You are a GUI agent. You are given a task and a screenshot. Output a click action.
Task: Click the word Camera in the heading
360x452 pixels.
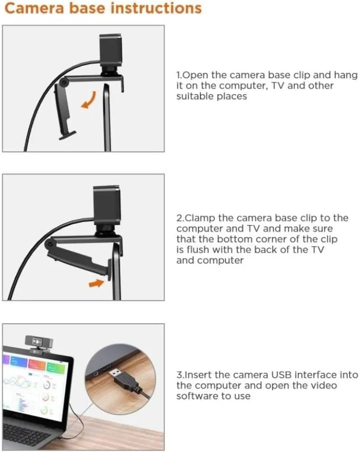(x=34, y=8)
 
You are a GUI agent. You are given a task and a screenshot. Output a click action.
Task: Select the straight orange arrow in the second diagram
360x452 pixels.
(x=96, y=283)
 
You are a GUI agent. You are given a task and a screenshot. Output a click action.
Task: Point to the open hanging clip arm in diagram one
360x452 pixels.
(x=65, y=111)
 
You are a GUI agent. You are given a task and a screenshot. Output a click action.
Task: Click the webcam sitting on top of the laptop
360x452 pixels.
(x=38, y=344)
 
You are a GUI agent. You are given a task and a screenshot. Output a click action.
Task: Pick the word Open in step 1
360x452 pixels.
(x=195, y=75)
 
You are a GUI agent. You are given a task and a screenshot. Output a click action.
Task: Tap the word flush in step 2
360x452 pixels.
(x=197, y=250)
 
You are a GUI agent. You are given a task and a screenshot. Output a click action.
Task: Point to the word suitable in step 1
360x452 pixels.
(x=194, y=96)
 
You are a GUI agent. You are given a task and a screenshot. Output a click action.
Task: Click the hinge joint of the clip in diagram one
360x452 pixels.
(x=64, y=83)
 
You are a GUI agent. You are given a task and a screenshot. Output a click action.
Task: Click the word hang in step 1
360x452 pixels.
(x=346, y=75)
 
